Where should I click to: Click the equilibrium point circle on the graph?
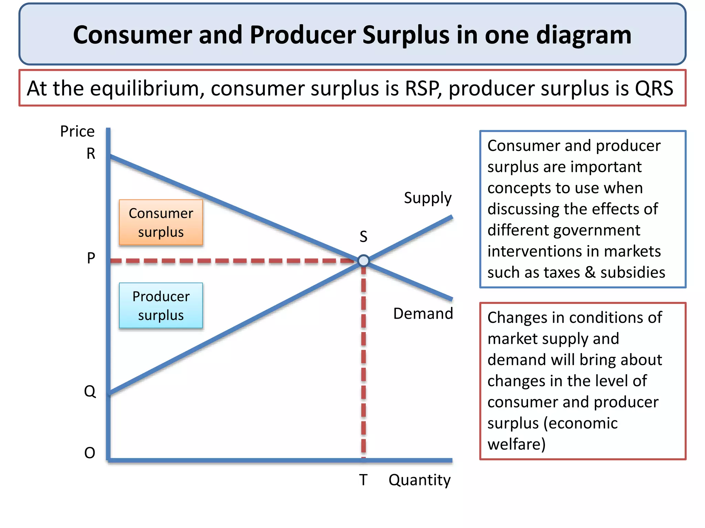click(x=364, y=261)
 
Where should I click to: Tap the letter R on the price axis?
click(x=91, y=154)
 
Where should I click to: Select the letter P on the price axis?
click(x=91, y=258)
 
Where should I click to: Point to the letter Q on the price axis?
click(x=90, y=391)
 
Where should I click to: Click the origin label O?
click(x=90, y=453)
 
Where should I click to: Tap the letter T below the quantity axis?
click(x=363, y=480)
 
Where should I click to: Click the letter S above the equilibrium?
click(x=364, y=236)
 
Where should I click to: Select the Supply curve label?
click(x=428, y=198)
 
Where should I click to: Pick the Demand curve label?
click(x=423, y=313)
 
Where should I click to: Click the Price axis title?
click(x=77, y=131)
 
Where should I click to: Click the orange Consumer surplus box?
click(x=161, y=222)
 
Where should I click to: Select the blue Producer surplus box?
click(x=161, y=306)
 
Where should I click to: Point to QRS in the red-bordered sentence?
click(x=654, y=88)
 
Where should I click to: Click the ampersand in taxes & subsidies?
click(x=590, y=272)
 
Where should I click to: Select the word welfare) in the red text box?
click(x=516, y=444)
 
